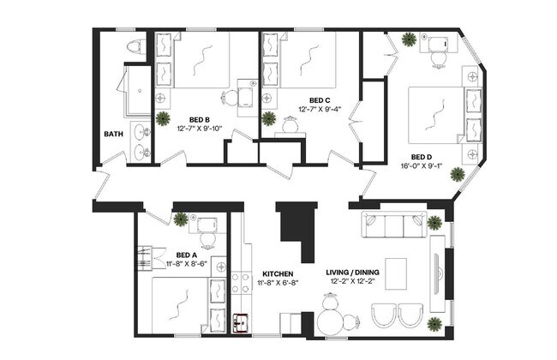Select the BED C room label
coord(320,99)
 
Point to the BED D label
coord(421,157)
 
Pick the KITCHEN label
coord(278,274)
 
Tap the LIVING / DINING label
coord(352,274)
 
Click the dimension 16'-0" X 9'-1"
coord(421,166)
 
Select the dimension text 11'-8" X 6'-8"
coord(278,284)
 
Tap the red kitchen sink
coord(242,323)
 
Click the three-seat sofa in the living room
coord(393,226)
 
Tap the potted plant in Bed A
coord(181,219)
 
